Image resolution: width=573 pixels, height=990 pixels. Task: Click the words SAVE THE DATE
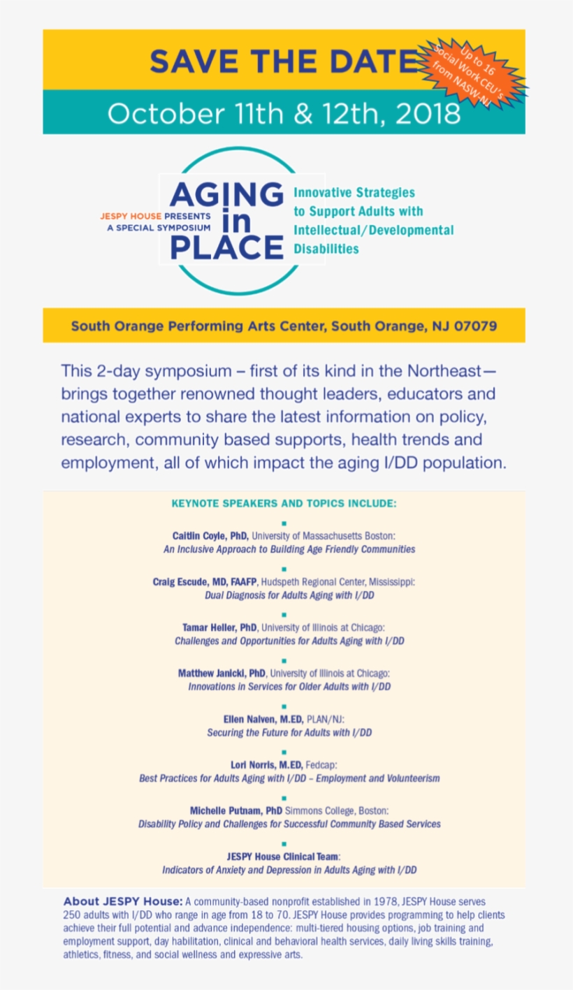click(283, 61)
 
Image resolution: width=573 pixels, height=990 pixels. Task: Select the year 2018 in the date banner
click(426, 113)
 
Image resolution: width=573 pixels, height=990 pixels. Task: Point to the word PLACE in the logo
click(226, 248)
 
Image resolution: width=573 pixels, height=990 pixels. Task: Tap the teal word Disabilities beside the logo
click(326, 249)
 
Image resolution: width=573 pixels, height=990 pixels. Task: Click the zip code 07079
click(474, 326)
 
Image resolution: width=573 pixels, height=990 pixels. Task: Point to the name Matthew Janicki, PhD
click(222, 674)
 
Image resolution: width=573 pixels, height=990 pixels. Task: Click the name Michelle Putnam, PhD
click(235, 811)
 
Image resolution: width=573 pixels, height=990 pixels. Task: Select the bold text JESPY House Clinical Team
click(283, 857)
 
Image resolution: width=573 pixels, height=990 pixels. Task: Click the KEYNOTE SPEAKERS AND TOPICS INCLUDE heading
click(284, 503)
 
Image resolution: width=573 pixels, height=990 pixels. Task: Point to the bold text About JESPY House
click(123, 901)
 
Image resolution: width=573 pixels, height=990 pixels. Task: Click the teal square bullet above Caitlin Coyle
click(284, 523)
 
